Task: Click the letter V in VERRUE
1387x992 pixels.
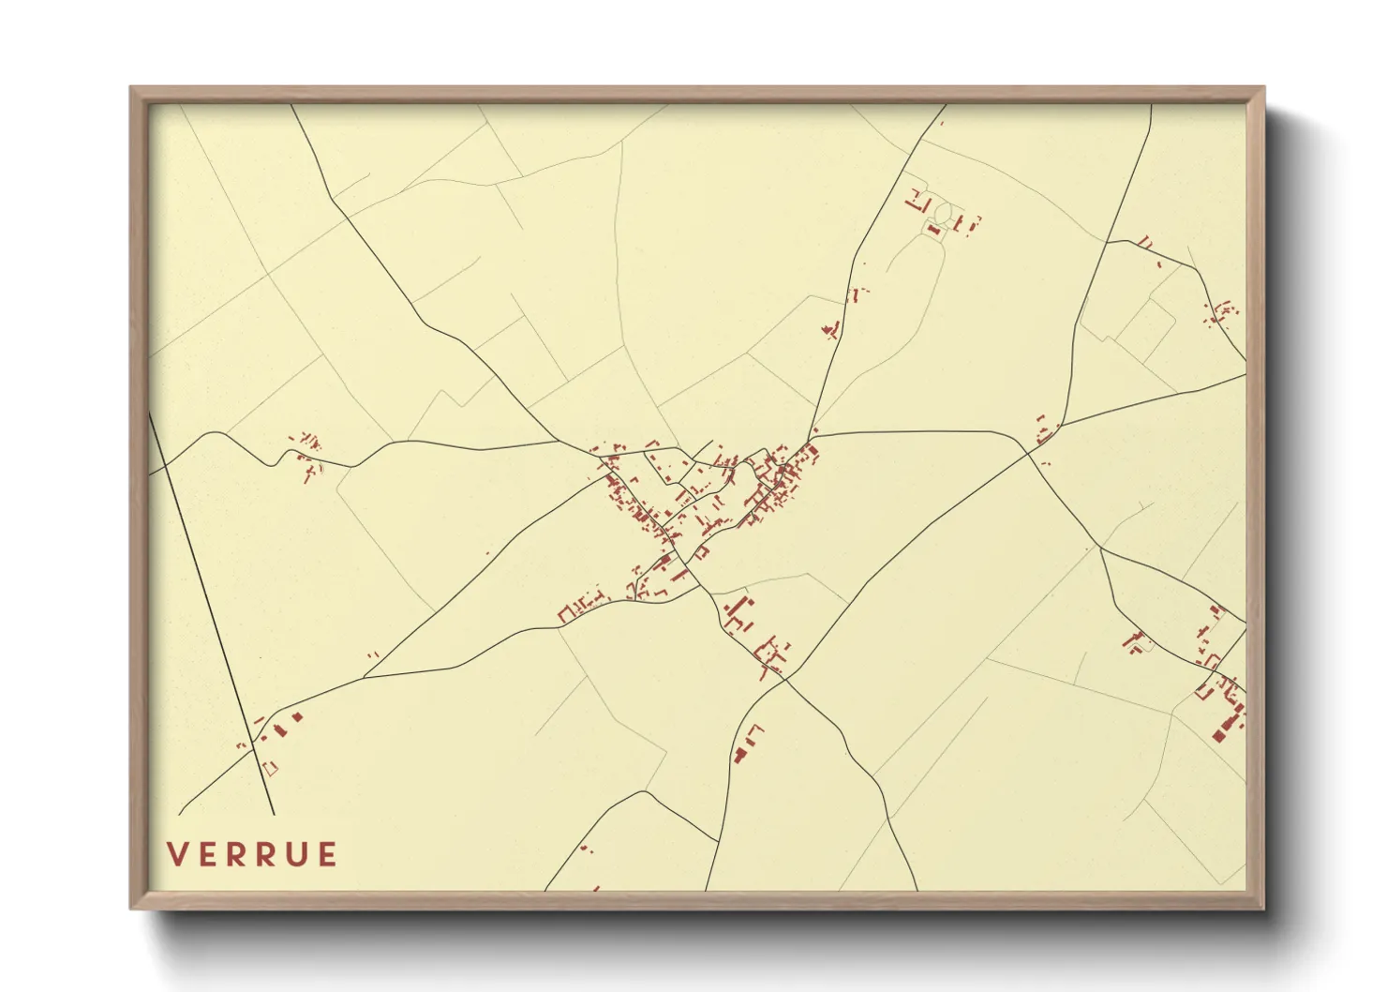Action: tap(175, 854)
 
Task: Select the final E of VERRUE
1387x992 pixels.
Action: tap(327, 854)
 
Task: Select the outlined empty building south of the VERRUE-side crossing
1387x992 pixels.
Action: tap(271, 769)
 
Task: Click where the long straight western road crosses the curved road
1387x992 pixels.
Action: tap(252, 747)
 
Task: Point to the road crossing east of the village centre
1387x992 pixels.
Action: tap(1028, 453)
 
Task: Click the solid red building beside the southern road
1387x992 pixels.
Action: tap(739, 755)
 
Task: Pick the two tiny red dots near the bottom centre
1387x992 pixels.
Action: tap(586, 849)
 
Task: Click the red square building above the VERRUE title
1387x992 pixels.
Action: tap(297, 717)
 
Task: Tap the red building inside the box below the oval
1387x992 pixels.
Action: tap(933, 228)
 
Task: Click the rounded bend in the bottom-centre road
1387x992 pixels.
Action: tap(644, 792)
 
